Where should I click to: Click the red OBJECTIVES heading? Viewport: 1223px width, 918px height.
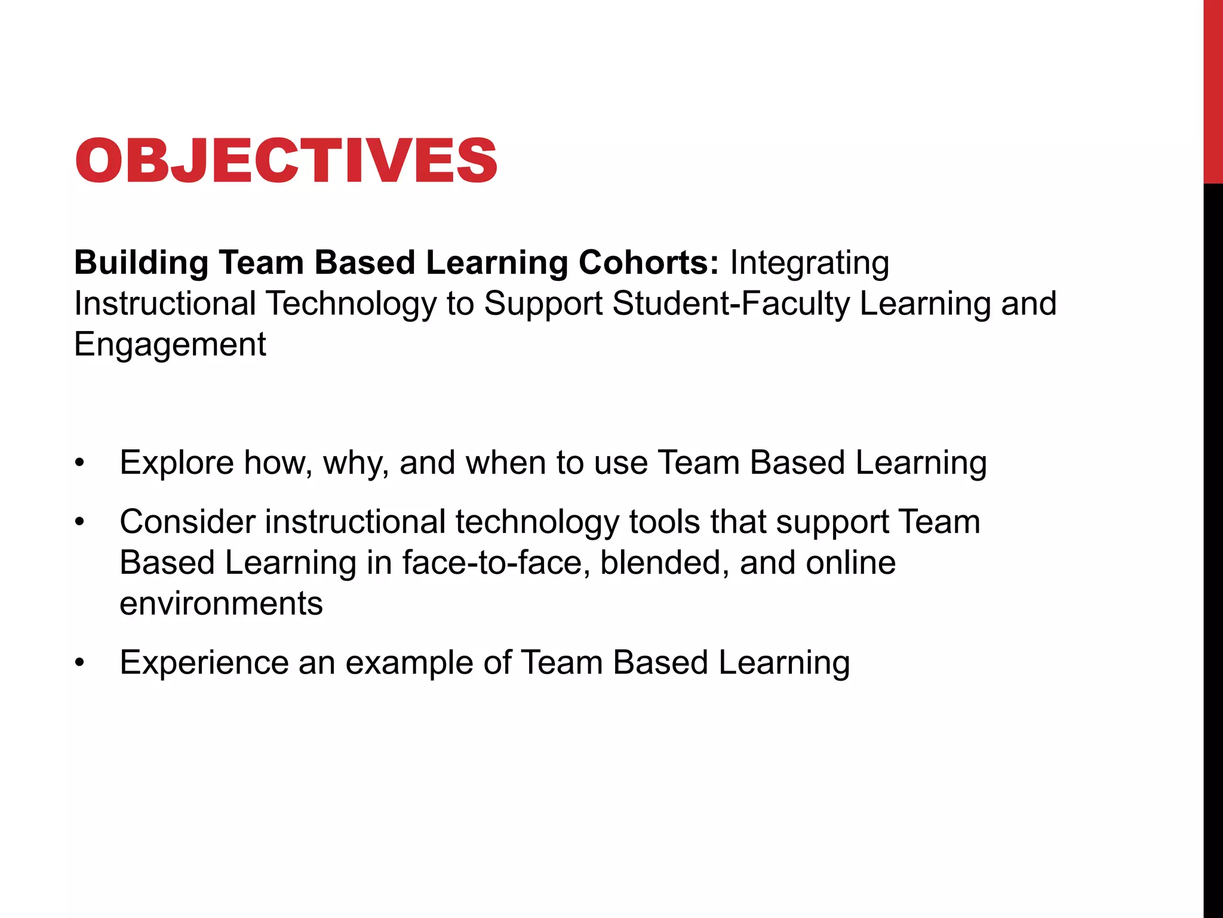point(285,161)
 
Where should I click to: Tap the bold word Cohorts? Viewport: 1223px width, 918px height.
point(649,262)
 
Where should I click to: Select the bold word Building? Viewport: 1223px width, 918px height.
point(141,262)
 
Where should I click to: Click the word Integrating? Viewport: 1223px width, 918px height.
point(809,262)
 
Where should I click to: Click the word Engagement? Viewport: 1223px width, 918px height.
point(170,344)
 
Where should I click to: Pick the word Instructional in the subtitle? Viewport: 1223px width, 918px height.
point(165,303)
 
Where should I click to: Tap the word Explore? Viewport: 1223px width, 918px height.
point(177,463)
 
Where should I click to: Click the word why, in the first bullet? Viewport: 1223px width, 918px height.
point(357,463)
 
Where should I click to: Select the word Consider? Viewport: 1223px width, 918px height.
point(188,522)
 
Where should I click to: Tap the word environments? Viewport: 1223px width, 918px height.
point(221,604)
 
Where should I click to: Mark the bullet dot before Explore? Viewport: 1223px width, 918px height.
point(80,463)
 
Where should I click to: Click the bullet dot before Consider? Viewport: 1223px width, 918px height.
point(80,522)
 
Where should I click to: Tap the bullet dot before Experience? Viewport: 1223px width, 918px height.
point(80,663)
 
